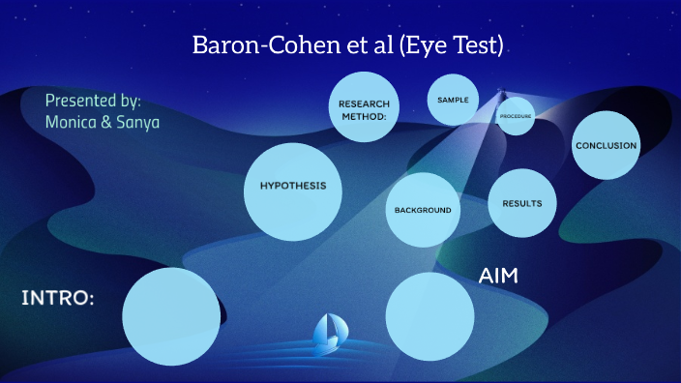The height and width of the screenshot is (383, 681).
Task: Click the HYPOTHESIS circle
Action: (x=292, y=190)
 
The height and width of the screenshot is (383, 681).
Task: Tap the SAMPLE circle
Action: (x=453, y=100)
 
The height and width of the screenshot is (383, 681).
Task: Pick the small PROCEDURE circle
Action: (x=516, y=116)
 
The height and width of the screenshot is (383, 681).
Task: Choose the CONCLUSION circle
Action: (x=606, y=146)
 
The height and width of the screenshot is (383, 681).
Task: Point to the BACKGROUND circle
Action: (x=423, y=210)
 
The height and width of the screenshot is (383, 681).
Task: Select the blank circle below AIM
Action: (x=429, y=316)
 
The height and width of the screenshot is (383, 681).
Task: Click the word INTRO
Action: (x=58, y=298)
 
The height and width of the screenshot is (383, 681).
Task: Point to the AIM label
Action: (x=498, y=277)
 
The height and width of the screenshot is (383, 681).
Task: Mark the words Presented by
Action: (x=93, y=101)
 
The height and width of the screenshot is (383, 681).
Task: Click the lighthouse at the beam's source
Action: (x=501, y=95)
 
